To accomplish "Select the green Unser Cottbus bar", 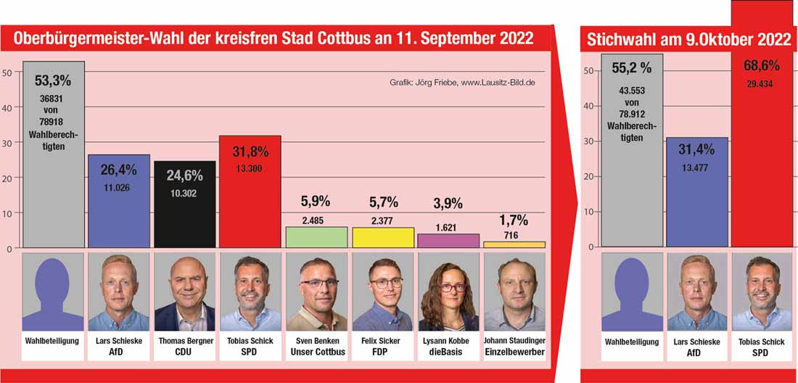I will point(316,237).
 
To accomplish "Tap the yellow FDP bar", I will point(382,238).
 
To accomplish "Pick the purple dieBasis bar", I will point(448,241).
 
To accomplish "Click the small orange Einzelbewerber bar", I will point(514,244).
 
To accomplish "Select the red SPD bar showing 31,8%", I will point(250,210).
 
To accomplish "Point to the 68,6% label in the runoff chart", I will point(762,65).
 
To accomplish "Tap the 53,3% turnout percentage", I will point(54,78).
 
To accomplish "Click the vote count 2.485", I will point(316,219).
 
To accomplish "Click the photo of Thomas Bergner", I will point(184,292).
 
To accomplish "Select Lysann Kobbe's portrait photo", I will point(448,292).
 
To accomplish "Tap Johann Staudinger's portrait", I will point(514,292).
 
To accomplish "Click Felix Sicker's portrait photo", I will point(382,292).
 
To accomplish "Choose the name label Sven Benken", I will point(316,340).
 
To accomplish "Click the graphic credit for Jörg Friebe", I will point(462,83).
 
